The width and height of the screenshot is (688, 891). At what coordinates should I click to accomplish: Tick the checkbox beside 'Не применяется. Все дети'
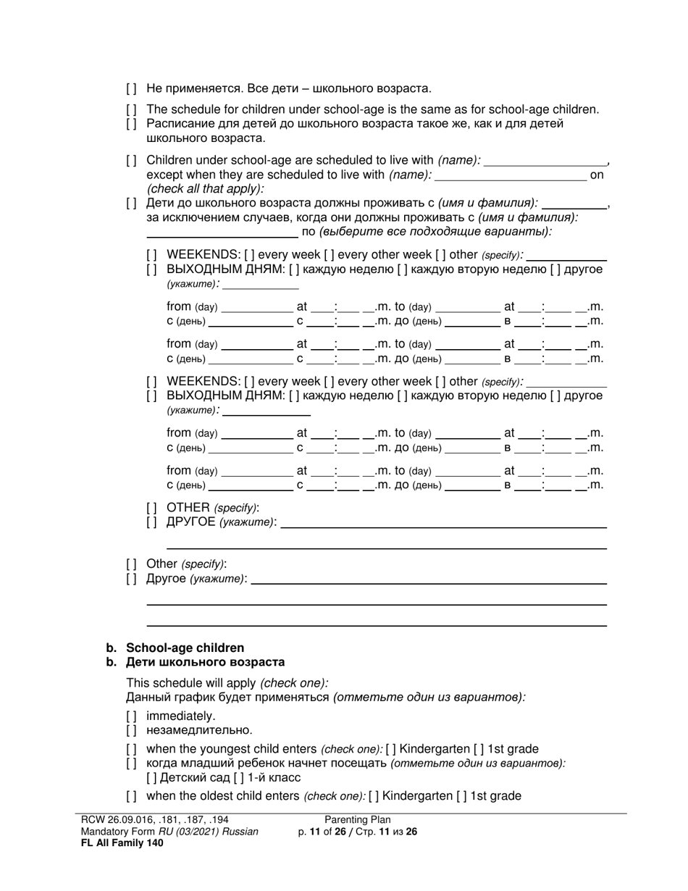pyautogui.click(x=131, y=89)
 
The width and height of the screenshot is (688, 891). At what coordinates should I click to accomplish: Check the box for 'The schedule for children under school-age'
pyautogui.click(x=131, y=110)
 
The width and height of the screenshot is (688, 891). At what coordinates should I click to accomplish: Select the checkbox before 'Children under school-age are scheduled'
pyautogui.click(x=131, y=160)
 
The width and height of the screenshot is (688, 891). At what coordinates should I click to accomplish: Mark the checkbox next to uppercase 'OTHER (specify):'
pyautogui.click(x=151, y=508)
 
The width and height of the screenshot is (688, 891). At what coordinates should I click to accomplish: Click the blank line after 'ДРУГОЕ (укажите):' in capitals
pyautogui.click(x=442, y=522)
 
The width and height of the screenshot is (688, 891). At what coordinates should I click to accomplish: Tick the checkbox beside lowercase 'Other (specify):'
pyautogui.click(x=131, y=564)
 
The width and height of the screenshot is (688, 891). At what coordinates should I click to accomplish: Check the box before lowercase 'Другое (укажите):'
pyautogui.click(x=131, y=579)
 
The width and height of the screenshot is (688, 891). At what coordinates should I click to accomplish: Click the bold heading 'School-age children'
pyautogui.click(x=185, y=648)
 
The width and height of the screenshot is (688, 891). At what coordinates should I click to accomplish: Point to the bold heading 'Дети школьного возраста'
pyautogui.click(x=205, y=662)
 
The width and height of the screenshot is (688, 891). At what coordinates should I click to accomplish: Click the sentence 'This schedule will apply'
pyautogui.click(x=191, y=683)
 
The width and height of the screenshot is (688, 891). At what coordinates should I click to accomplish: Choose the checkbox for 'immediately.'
pyautogui.click(x=131, y=716)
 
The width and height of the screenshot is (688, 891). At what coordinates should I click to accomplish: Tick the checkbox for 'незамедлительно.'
pyautogui.click(x=131, y=730)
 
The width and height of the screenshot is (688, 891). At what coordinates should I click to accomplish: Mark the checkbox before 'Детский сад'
pyautogui.click(x=151, y=778)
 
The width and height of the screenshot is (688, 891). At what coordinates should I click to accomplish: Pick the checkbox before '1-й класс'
pyautogui.click(x=218, y=778)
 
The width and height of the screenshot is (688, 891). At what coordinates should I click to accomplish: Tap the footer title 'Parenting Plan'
pyautogui.click(x=358, y=820)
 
